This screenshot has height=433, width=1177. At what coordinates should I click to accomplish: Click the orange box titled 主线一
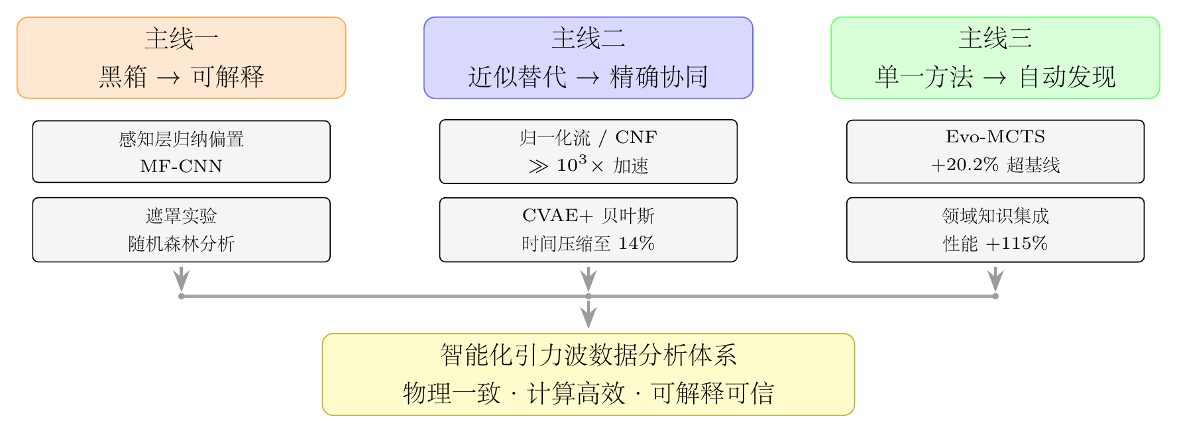(x=182, y=58)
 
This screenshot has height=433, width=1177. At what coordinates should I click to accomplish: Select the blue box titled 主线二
(x=588, y=58)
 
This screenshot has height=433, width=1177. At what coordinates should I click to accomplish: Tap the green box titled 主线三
(x=995, y=58)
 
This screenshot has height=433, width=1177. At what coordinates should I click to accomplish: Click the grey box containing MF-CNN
(x=182, y=152)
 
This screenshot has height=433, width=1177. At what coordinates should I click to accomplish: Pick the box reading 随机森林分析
(x=182, y=230)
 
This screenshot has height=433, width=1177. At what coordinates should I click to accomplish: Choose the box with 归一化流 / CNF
(x=588, y=152)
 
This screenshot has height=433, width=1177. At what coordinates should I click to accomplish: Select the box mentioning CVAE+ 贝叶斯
(x=588, y=230)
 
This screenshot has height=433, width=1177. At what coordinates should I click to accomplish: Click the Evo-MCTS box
(x=995, y=152)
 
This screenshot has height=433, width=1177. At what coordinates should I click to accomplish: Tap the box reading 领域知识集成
(x=995, y=230)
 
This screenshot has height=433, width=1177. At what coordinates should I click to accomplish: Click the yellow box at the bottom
(x=588, y=375)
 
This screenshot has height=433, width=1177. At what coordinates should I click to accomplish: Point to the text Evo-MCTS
(x=995, y=137)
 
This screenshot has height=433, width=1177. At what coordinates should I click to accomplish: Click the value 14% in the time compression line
(x=636, y=244)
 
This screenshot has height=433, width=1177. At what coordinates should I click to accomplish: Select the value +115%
(x=1017, y=244)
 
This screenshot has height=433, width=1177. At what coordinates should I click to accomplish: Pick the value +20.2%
(x=965, y=165)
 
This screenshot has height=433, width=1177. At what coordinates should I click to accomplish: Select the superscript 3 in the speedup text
(x=583, y=160)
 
